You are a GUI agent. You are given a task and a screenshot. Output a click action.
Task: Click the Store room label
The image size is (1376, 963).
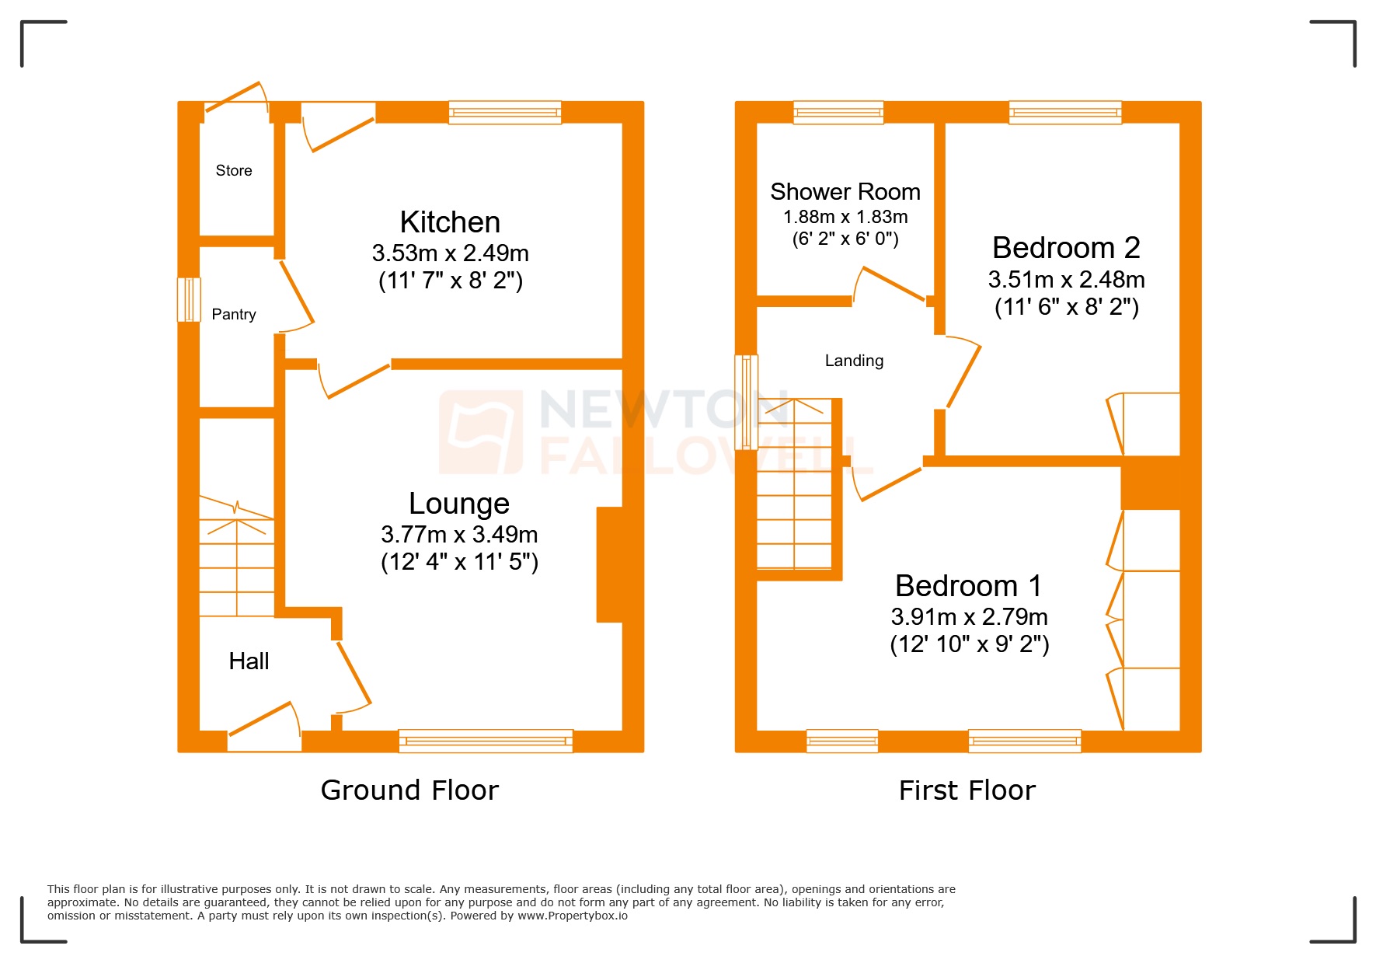tap(234, 170)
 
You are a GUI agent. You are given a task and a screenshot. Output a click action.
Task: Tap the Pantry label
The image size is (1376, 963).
tap(233, 314)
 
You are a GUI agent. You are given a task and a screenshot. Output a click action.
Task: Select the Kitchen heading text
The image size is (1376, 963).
tap(450, 222)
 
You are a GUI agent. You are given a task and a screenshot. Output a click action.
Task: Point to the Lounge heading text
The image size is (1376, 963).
tap(459, 504)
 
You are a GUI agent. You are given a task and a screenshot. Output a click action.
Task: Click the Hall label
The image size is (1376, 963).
tap(249, 661)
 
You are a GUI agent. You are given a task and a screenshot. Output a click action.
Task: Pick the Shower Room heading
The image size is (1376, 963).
tap(845, 191)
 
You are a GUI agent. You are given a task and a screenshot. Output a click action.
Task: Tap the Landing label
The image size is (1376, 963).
tap(854, 361)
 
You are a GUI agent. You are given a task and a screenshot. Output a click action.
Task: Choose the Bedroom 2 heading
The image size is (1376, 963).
tap(1066, 248)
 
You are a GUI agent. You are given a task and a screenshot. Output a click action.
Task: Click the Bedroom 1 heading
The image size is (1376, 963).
tap(968, 586)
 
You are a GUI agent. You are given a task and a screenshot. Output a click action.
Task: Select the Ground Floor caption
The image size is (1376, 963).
tap(409, 790)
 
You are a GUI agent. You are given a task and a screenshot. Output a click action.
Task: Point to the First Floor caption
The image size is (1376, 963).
tap(967, 790)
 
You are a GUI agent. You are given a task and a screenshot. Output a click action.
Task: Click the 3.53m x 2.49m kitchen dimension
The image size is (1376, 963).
tap(451, 253)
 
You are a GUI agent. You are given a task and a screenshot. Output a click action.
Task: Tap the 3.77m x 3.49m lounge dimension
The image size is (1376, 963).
tap(459, 535)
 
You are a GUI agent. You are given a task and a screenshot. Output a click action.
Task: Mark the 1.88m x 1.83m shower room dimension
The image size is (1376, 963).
tap(845, 217)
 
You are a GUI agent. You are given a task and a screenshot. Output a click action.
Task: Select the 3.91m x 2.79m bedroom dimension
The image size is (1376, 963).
tap(969, 617)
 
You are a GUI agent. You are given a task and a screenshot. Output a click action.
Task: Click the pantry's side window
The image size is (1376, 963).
tap(189, 299)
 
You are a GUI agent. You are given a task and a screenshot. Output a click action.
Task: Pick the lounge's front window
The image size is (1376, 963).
tap(486, 741)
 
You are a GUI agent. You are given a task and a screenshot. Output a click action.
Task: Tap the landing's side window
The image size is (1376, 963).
tap(746, 403)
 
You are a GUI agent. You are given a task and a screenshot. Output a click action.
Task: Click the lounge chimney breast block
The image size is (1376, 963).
tap(610, 564)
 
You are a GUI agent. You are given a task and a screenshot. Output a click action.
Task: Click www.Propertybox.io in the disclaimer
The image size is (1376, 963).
tap(573, 916)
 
